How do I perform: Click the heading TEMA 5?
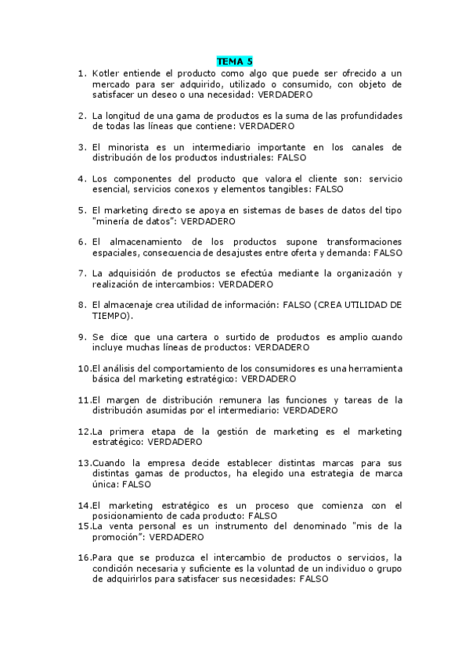coord(234,61)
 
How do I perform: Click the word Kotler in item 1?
coord(106,73)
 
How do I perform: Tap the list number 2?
coord(81,115)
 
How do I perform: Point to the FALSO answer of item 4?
coord(328,188)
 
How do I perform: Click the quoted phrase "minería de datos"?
coord(133,220)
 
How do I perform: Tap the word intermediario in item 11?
coord(247,410)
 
